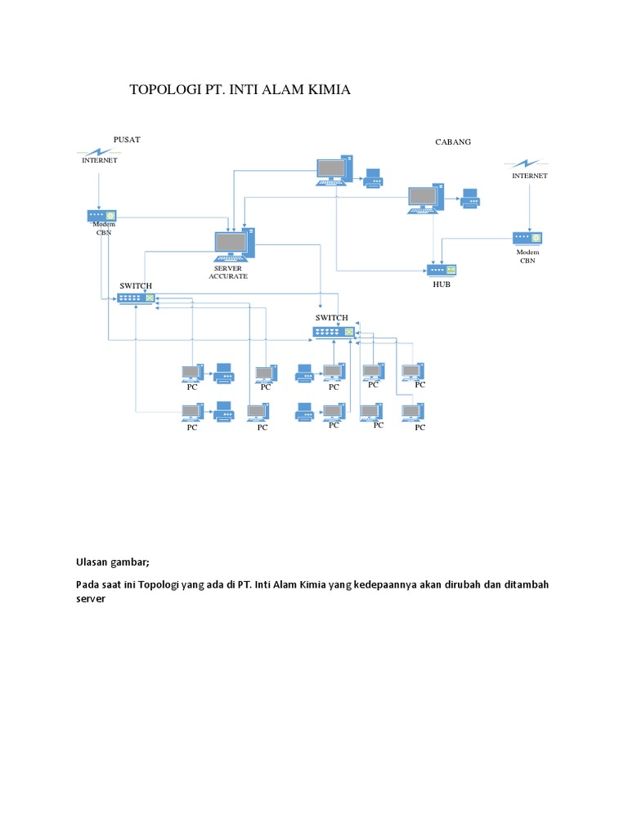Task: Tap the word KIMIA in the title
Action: (326, 90)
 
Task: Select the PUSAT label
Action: (127, 139)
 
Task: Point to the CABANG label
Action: (453, 141)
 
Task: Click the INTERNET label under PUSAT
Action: (100, 160)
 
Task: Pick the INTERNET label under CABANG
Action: (530, 175)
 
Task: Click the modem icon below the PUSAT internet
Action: (98, 215)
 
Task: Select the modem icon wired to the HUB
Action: (527, 238)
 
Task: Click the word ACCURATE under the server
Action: (228, 276)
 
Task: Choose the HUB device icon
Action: (442, 270)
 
